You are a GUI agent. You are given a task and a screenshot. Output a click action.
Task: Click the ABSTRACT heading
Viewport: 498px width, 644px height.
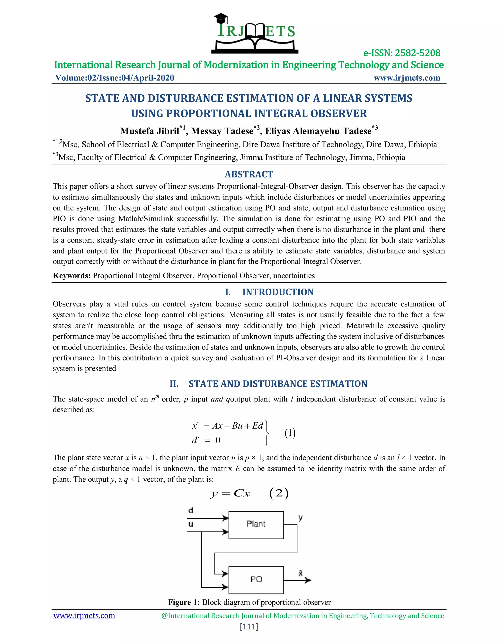[x=249, y=174]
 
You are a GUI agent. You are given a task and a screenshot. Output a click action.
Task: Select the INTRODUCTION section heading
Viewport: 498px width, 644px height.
[x=278, y=292]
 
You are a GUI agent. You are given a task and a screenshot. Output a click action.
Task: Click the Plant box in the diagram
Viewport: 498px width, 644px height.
[x=256, y=525]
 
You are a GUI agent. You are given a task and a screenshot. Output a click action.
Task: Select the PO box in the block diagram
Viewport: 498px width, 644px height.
[x=256, y=580]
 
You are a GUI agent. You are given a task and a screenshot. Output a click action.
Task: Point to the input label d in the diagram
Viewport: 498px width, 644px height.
[x=191, y=510]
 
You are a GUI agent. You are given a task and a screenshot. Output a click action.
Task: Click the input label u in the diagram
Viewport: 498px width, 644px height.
[x=191, y=524]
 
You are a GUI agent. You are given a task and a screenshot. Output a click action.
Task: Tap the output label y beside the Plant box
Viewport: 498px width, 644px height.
[x=300, y=518]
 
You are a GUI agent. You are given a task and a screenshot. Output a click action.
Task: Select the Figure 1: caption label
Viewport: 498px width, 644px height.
[x=184, y=602]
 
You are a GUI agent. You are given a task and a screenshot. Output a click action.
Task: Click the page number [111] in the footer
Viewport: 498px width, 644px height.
[x=249, y=627]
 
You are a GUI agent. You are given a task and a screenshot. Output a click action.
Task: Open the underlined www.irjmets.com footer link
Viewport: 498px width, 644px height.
[x=84, y=616]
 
